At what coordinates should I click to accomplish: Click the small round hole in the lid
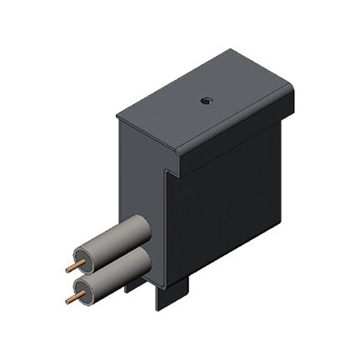(205, 100)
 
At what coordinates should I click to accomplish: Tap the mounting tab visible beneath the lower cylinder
(128, 288)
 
